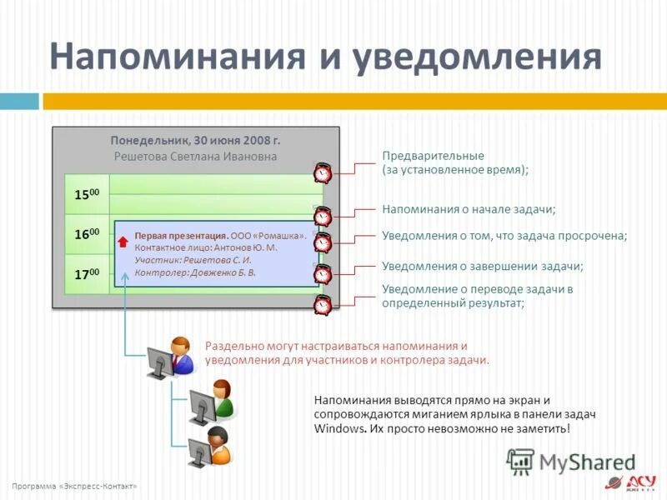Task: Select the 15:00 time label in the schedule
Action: click(x=86, y=194)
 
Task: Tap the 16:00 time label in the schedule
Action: click(x=86, y=234)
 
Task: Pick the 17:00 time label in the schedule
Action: click(x=86, y=273)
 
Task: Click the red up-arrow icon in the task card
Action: click(x=123, y=242)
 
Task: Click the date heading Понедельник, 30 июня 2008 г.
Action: click(x=195, y=141)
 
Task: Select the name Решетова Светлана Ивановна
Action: click(x=195, y=157)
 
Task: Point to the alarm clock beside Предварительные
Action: click(x=323, y=172)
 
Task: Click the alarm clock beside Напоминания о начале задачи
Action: click(x=323, y=217)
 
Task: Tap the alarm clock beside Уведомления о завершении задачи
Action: click(x=323, y=274)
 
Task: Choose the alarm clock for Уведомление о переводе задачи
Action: click(x=323, y=304)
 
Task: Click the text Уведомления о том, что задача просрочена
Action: click(x=504, y=236)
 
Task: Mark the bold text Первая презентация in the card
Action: click(x=175, y=236)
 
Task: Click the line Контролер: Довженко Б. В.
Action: click(x=195, y=272)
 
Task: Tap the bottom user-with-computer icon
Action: click(x=210, y=446)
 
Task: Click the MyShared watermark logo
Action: click(x=572, y=462)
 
